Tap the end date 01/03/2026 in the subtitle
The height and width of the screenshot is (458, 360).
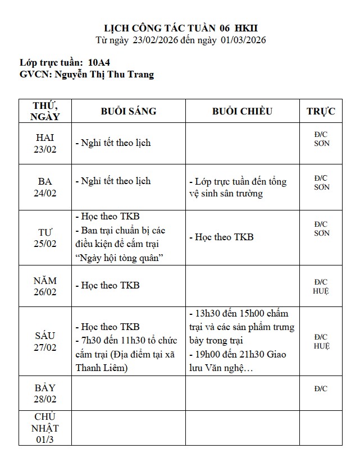pos(243,40)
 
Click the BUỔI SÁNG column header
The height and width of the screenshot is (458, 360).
pos(129,111)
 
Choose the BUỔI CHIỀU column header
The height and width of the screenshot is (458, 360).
pos(242,111)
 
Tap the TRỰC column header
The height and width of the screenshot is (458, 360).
pos(321,111)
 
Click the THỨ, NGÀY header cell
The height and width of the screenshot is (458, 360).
pos(45,111)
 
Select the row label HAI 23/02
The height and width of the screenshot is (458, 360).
pos(45,143)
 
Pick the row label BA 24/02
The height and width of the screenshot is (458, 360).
pos(45,187)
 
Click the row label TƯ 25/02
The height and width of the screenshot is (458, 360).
pos(45,237)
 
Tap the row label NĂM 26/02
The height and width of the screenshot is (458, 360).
pos(45,286)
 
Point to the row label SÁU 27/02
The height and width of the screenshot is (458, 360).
pos(45,341)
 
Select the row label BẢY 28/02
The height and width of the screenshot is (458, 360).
pos(45,393)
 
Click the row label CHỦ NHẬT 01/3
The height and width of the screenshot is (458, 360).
pos(45,428)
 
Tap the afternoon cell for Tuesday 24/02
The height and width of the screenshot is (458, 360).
pos(242,187)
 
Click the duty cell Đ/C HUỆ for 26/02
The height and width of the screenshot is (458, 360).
pos(321,286)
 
